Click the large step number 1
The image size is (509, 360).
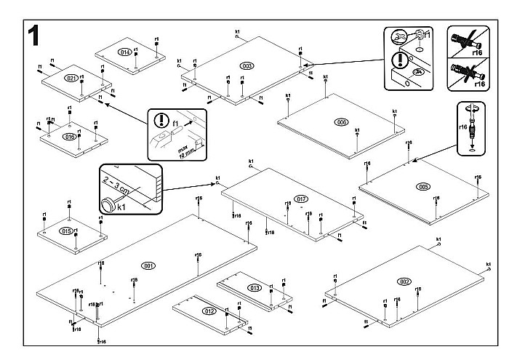(x=33, y=36)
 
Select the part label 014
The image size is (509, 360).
(x=124, y=52)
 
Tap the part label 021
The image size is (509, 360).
(x=71, y=78)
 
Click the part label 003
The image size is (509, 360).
(x=247, y=66)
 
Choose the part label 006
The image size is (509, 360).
(x=340, y=121)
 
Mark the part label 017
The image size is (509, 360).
(x=302, y=199)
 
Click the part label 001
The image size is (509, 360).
(x=148, y=265)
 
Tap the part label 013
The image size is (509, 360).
(x=254, y=288)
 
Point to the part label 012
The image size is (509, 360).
(x=209, y=311)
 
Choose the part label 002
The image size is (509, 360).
(x=404, y=281)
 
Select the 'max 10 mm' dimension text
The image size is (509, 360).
(x=185, y=149)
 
